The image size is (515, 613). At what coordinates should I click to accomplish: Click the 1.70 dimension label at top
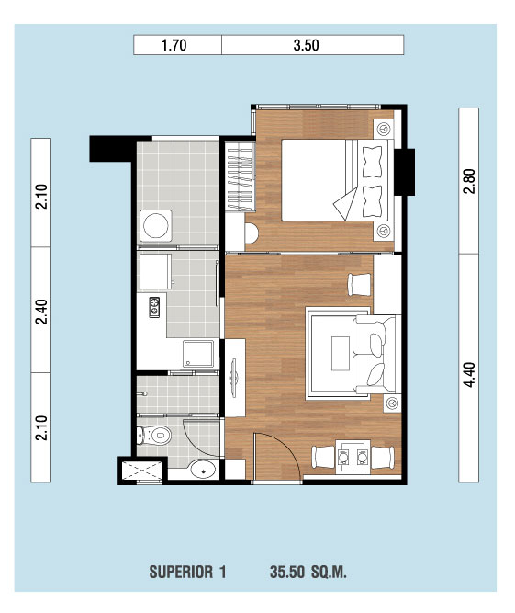tap(174, 45)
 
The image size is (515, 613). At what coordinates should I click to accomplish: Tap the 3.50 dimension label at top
tap(306, 45)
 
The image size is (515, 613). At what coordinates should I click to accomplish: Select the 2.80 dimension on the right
tap(469, 181)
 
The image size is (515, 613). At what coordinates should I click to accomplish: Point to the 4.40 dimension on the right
tap(469, 375)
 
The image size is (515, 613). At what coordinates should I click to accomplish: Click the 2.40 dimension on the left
tap(41, 312)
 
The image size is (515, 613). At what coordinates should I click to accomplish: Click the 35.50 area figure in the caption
tap(287, 572)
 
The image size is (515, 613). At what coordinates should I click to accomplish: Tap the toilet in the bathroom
tap(154, 435)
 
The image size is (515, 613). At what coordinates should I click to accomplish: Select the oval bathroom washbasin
tap(204, 469)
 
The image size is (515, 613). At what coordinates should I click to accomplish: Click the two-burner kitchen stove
tap(154, 307)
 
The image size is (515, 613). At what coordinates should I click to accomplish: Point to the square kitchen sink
tap(198, 354)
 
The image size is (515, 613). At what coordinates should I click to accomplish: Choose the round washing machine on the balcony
tap(156, 225)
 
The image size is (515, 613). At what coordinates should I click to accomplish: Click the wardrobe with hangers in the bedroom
tap(241, 177)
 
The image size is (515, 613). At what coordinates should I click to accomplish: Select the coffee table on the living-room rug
tap(341, 354)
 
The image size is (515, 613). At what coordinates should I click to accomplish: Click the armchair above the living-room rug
tap(359, 285)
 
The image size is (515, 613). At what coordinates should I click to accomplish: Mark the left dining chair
tap(324, 457)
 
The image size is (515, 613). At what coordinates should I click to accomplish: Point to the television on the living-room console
tap(234, 378)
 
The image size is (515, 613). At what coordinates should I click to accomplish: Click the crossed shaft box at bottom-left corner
tap(142, 471)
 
